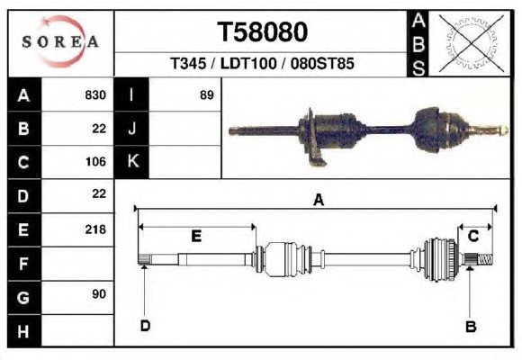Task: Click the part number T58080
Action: [x=262, y=32]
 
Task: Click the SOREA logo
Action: [x=60, y=41]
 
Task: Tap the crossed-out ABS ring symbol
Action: [x=471, y=43]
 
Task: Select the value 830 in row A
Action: [x=95, y=95]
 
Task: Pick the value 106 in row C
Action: [x=95, y=162]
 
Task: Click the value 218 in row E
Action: [x=95, y=229]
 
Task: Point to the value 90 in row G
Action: [x=99, y=294]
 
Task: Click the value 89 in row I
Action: [x=206, y=95]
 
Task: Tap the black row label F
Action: [x=24, y=264]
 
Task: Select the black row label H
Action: [x=24, y=331]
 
